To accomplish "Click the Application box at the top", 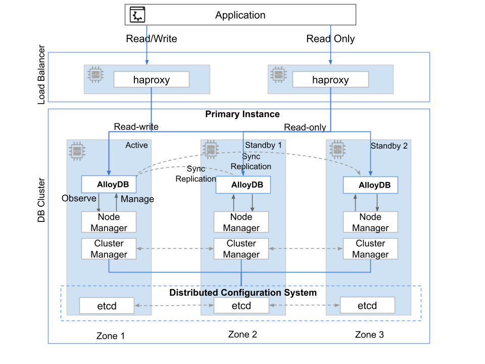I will (240, 15).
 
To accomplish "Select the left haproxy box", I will (151, 80).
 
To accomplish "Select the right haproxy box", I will (330, 80).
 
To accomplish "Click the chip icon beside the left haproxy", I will (95, 74).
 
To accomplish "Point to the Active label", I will (136, 146).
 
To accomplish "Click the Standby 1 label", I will (263, 146).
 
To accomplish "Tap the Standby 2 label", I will (389, 146).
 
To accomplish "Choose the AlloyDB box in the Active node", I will (109, 185).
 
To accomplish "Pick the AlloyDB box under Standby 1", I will (243, 185).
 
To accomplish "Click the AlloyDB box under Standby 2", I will (370, 185).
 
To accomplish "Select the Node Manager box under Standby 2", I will (370, 222).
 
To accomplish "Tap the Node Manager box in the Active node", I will (109, 222).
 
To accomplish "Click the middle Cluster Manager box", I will (241, 249).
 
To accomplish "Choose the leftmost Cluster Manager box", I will (109, 249).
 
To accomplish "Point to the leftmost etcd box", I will (107, 306).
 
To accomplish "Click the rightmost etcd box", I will (367, 306).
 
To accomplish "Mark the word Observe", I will (79, 199).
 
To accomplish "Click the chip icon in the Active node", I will (77, 150).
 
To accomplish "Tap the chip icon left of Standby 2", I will (337, 149).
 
